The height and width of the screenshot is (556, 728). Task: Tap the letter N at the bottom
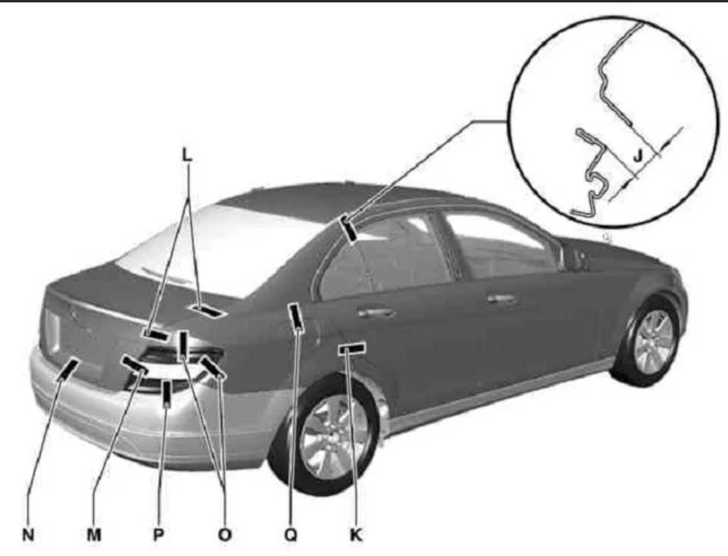pyautogui.click(x=28, y=535)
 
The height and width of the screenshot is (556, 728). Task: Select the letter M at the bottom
pyautogui.click(x=94, y=535)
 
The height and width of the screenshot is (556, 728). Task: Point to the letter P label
pyautogui.click(x=159, y=535)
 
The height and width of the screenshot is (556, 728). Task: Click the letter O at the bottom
pyautogui.click(x=224, y=535)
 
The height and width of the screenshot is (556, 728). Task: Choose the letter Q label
pyautogui.click(x=290, y=535)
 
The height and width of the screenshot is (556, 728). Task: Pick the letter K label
pyautogui.click(x=356, y=535)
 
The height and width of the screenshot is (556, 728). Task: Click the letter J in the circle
pyautogui.click(x=639, y=155)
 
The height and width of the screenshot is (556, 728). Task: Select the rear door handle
pyautogui.click(x=377, y=312)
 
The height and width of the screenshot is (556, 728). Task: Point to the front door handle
pyautogui.click(x=501, y=298)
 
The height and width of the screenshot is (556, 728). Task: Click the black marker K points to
pyautogui.click(x=351, y=348)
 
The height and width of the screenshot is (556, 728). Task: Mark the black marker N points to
pyautogui.click(x=71, y=368)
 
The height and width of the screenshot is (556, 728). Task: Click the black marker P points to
pyautogui.click(x=166, y=392)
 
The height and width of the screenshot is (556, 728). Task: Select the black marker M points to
pyautogui.click(x=135, y=364)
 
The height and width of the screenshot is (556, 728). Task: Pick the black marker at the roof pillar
pyautogui.click(x=348, y=229)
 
